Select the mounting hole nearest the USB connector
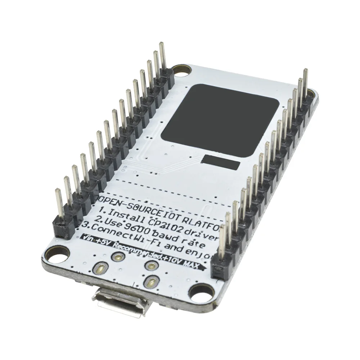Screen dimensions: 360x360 coord(199,291)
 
